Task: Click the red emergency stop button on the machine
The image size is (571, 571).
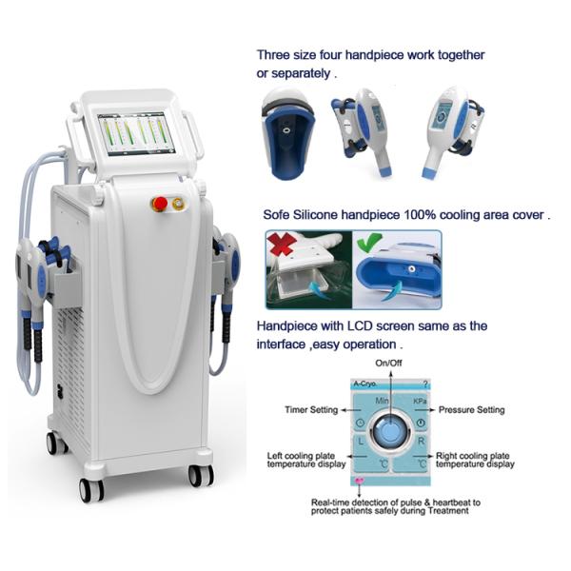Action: pos(159,203)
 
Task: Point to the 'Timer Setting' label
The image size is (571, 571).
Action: pos(311,410)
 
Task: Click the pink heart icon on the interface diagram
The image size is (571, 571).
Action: pos(359,482)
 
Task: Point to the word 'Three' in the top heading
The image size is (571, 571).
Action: pos(275,55)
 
